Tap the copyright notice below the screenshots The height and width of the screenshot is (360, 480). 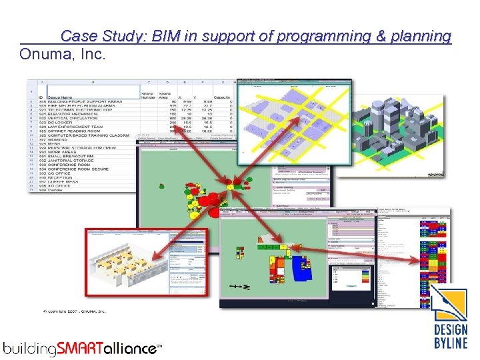[66, 311]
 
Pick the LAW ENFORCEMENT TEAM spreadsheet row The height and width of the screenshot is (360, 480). [74, 127]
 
